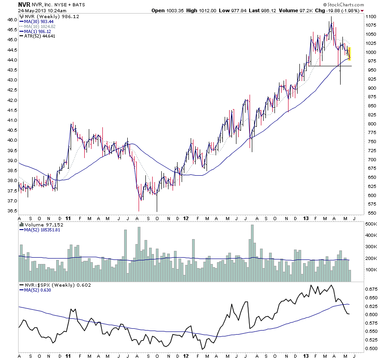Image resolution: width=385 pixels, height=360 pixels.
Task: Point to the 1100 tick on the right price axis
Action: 371,16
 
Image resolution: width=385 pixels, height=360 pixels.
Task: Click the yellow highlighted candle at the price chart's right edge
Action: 350,53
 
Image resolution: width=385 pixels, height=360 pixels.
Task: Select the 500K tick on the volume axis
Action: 371,224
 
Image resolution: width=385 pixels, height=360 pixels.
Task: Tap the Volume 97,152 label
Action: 42,224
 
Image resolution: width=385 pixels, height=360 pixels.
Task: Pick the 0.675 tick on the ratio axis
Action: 371,289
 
